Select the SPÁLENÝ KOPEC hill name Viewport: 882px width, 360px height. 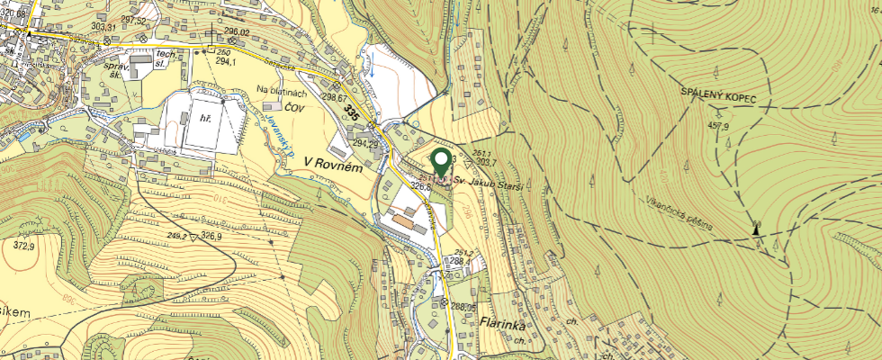(718, 95)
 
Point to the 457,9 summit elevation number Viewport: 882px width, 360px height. (718, 125)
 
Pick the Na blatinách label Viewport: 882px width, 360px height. (283, 90)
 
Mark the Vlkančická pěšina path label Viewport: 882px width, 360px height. (677, 212)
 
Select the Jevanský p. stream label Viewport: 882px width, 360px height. (280, 135)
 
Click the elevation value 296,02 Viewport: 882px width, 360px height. (236, 32)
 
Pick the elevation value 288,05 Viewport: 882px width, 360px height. (463, 307)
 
